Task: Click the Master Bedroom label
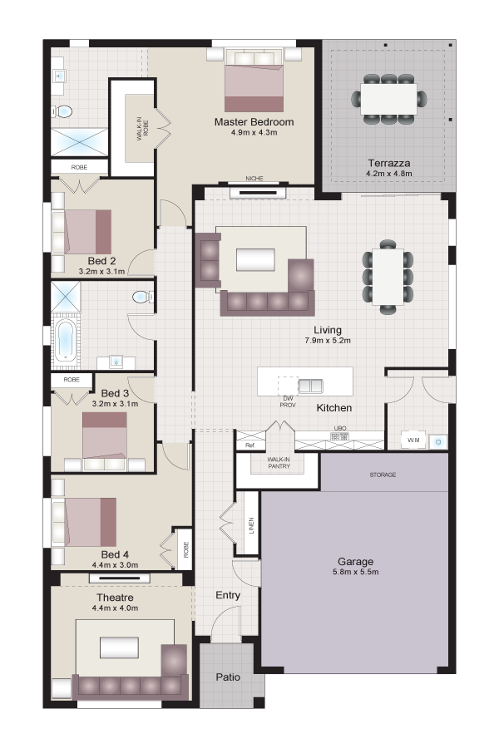(254, 122)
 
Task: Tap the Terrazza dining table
(388, 99)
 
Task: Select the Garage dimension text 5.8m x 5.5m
(355, 572)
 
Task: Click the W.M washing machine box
(413, 440)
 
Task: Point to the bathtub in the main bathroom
(64, 341)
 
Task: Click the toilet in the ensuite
(62, 111)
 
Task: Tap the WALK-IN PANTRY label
(279, 463)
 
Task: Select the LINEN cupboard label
(251, 526)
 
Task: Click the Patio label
(228, 677)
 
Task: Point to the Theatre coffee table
(120, 647)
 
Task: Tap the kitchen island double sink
(310, 386)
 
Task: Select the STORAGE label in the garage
(383, 475)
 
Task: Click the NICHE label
(254, 179)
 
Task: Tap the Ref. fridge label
(250, 445)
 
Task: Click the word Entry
(228, 595)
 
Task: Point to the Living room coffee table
(255, 260)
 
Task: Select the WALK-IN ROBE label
(143, 130)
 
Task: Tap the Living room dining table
(388, 277)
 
